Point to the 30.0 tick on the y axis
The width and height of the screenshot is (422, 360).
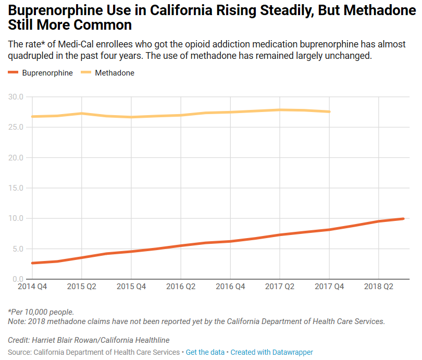[16, 97]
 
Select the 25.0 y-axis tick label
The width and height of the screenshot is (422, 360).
[16, 127]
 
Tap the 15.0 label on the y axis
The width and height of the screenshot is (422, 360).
[16, 188]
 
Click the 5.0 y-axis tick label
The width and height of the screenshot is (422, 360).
[18, 249]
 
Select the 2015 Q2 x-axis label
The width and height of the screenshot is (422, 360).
[81, 287]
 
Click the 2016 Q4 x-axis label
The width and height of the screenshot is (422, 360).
[230, 287]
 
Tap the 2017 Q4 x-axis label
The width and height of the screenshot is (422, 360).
[329, 287]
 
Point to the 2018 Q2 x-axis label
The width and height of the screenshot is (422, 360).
[379, 287]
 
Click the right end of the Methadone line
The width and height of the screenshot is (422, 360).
[329, 111]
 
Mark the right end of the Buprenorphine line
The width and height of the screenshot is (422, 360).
[403, 219]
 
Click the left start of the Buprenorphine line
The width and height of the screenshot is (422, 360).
[32, 263]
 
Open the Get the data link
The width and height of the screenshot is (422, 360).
[205, 353]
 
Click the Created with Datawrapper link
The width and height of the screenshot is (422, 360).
[271, 353]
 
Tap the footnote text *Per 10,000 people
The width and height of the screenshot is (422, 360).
[41, 312]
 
